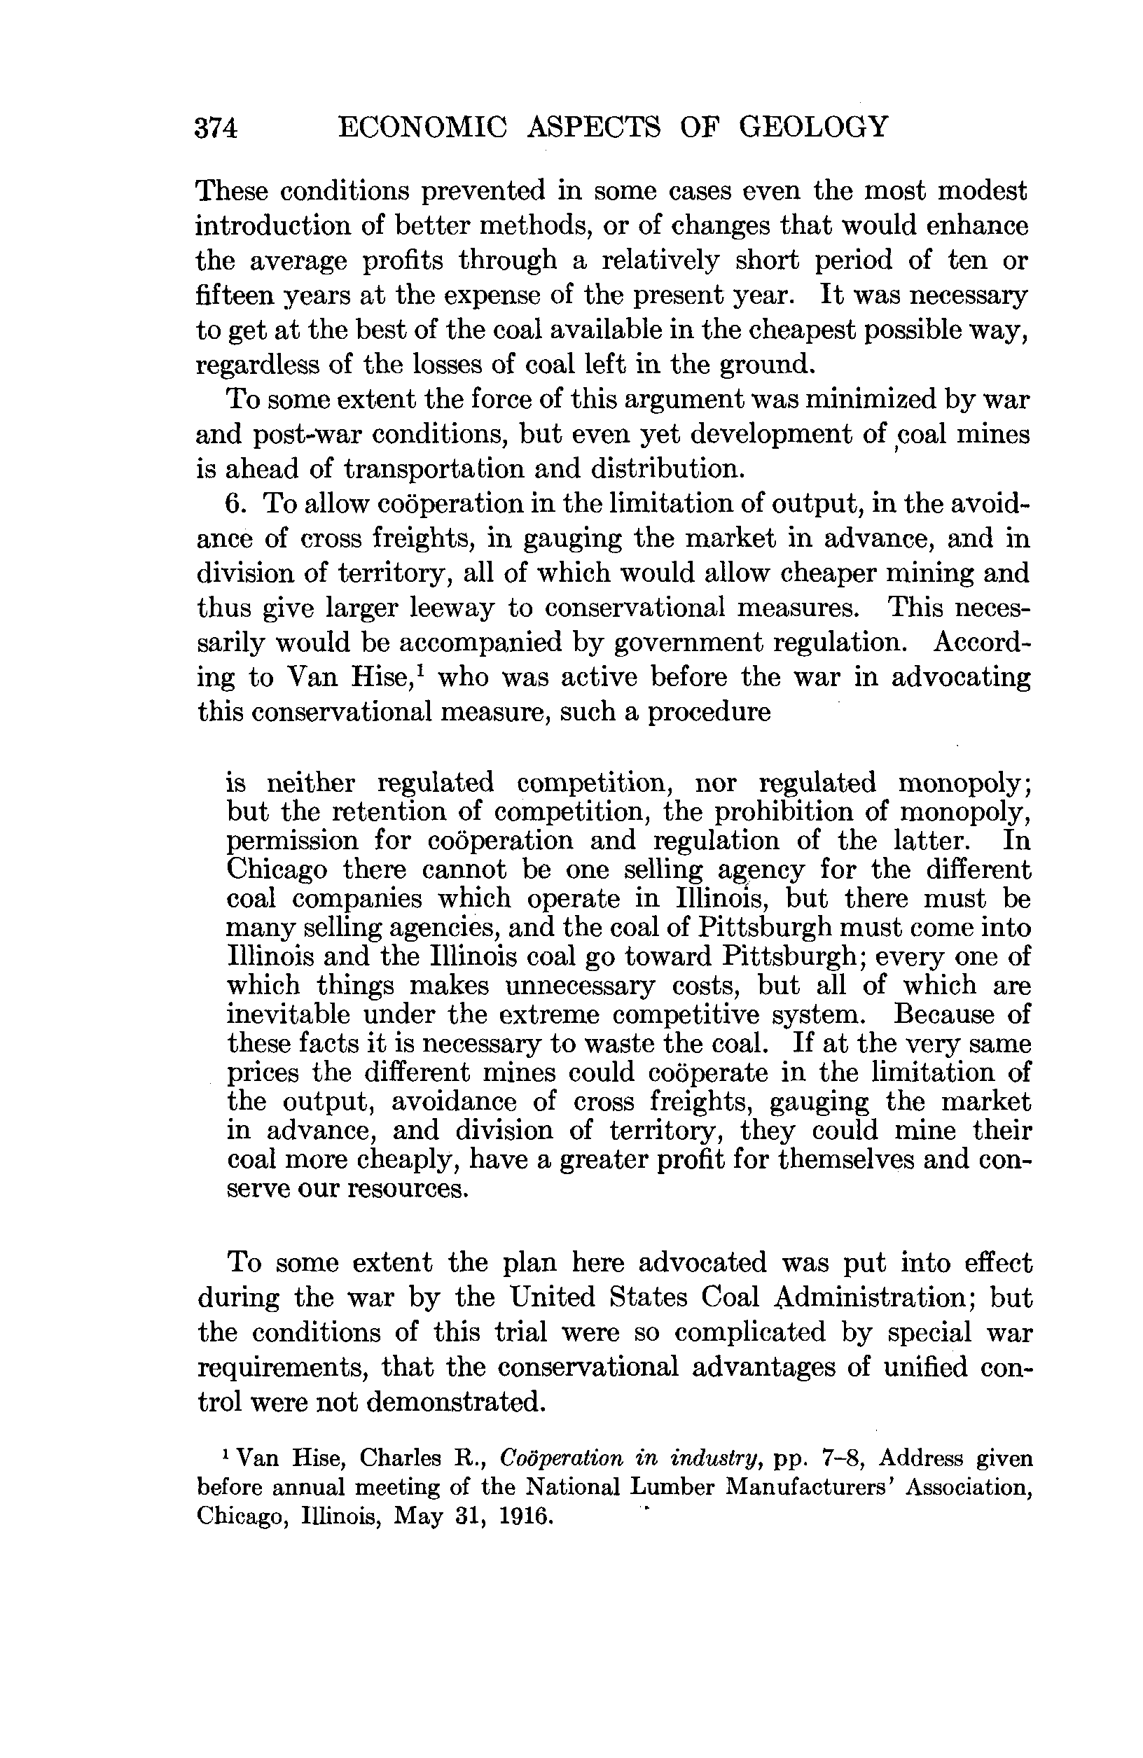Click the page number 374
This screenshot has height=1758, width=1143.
[x=216, y=128]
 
